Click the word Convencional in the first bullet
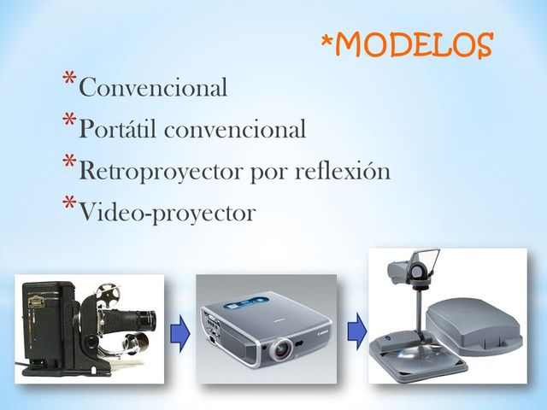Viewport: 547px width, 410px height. coord(154,87)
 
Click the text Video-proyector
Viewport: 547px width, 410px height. coord(167,213)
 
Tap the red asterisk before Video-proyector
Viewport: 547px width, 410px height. coord(68,205)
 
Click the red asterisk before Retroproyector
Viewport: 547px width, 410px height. coord(68,164)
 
